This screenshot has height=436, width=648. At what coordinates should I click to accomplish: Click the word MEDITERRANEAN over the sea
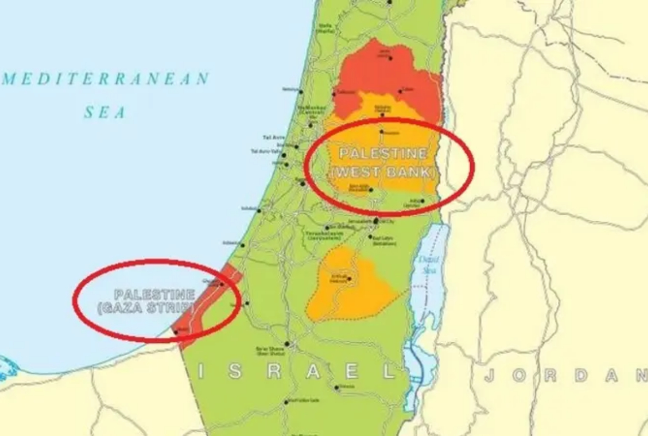pyautogui.click(x=106, y=79)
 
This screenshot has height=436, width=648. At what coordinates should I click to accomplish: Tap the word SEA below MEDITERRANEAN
pyautogui.click(x=105, y=113)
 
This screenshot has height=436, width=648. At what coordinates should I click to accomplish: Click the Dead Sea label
pyautogui.click(x=429, y=264)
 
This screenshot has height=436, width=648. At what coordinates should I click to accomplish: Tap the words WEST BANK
pyautogui.click(x=383, y=173)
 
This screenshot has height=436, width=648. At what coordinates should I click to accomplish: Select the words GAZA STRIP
pyautogui.click(x=146, y=308)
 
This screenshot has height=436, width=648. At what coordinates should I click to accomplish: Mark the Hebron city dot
pyautogui.click(x=349, y=280)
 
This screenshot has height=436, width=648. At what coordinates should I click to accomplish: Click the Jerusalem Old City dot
pyautogui.click(x=376, y=221)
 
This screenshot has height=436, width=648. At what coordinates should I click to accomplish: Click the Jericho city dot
pyautogui.click(x=423, y=201)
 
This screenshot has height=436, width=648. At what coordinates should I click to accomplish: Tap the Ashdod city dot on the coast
pyautogui.click(x=259, y=210)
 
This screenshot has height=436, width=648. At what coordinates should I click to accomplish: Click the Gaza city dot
pyautogui.click(x=222, y=284)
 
